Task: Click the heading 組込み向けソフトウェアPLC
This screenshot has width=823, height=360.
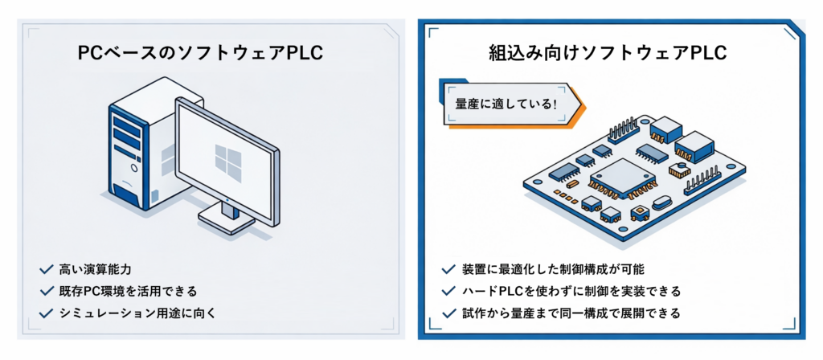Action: [608, 54]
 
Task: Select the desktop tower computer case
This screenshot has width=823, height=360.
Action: [133, 149]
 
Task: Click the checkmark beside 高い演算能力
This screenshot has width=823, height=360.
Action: [43, 269]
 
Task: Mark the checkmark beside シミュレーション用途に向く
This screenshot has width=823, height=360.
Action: [43, 312]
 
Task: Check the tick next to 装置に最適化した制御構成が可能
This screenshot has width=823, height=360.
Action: [448, 269]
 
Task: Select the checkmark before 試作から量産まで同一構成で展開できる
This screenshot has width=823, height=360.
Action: [448, 312]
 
